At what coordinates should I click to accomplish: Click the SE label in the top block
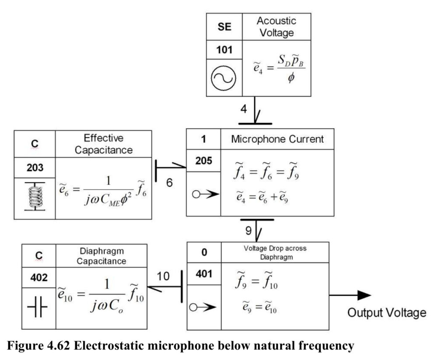tap(224, 27)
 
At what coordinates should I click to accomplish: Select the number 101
tap(224, 50)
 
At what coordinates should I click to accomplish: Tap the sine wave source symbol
tap(224, 78)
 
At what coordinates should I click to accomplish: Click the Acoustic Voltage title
tap(276, 27)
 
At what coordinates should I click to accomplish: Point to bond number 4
tap(243, 109)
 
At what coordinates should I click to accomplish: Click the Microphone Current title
tap(277, 139)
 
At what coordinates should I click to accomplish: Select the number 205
tap(204, 161)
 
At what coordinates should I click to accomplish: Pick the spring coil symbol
tap(35, 196)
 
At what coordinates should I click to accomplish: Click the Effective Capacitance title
tap(104, 144)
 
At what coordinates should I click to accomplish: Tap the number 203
tap(35, 168)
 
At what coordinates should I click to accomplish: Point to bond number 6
tap(169, 182)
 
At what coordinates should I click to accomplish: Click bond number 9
tap(248, 230)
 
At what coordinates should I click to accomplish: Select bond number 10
tap(163, 276)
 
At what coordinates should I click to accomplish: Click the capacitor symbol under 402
tap(38, 307)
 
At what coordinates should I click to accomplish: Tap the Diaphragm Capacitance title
tap(101, 256)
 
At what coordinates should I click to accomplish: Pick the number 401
tap(204, 274)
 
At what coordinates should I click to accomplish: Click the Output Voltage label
tap(387, 313)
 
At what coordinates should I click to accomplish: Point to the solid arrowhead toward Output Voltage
tap(364, 295)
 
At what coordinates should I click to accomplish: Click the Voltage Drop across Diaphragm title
tap(275, 252)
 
